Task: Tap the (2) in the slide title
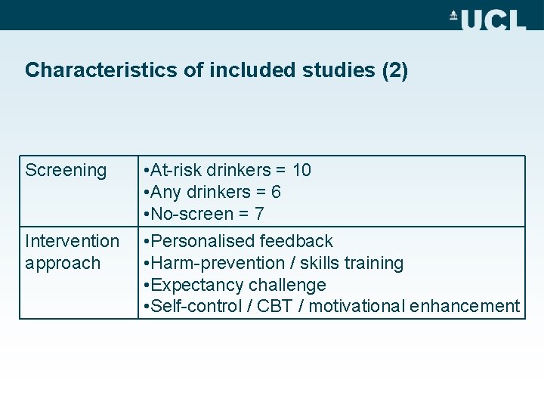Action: [395, 71]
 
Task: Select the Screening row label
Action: [66, 170]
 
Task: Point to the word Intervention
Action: [72, 241]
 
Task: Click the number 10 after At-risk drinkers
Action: [301, 170]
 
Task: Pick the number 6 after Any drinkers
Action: [276, 192]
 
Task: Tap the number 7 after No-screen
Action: [259, 214]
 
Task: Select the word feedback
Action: [296, 241]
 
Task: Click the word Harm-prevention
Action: [206, 263]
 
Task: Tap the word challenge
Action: [291, 285]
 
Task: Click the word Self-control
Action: [193, 306]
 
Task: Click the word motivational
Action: [357, 306]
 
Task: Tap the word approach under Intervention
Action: [63, 263]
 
